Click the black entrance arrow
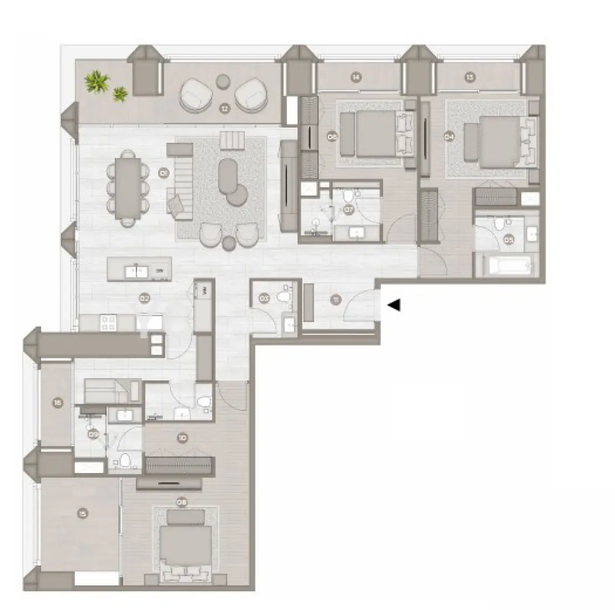[394, 305]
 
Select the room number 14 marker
[356, 78]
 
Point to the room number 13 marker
[470, 78]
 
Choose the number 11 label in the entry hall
[335, 301]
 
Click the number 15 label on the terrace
[82, 514]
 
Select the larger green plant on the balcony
[97, 82]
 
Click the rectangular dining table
[128, 187]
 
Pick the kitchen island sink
[135, 271]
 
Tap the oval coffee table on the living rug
[228, 176]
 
